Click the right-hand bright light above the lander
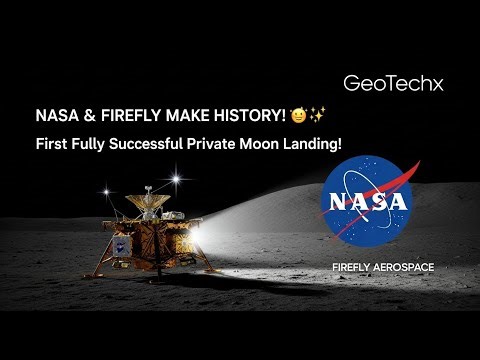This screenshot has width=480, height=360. pos(181,179)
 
